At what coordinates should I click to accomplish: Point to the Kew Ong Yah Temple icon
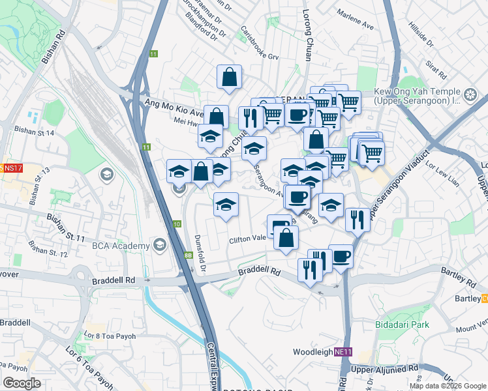(469, 96)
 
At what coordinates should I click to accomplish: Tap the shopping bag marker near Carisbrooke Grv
(229, 78)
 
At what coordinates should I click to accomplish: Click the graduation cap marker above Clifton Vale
(226, 205)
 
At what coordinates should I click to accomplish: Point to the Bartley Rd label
(457, 272)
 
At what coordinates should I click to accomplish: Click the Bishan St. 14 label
(33, 132)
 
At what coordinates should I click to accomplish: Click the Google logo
(22, 383)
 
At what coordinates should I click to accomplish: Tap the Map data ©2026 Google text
(447, 386)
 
